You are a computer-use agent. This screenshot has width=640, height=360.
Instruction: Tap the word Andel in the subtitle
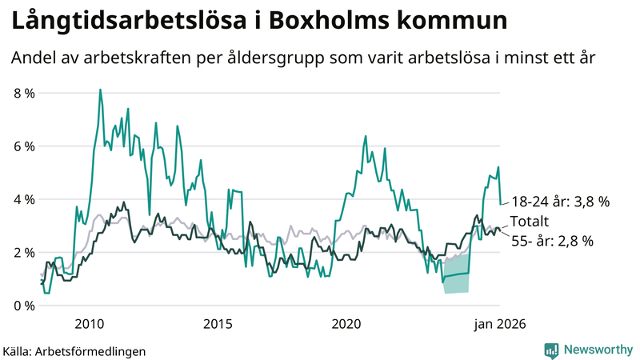[34, 58]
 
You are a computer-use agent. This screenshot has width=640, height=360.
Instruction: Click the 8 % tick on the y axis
[24, 93]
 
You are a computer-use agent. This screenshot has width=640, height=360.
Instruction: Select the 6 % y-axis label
[24, 146]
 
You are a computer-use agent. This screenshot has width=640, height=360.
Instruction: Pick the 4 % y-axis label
[24, 199]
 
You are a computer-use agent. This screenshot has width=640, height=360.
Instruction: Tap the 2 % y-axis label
[24, 253]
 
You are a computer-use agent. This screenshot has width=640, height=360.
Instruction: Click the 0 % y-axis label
[24, 306]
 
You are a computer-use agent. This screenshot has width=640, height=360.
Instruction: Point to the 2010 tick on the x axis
[89, 324]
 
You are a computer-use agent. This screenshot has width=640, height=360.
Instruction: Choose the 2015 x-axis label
[218, 324]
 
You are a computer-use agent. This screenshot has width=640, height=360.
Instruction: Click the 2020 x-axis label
[346, 324]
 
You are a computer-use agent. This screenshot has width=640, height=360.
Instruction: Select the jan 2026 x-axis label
[501, 324]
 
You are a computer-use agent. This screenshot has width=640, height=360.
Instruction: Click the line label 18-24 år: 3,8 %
[560, 202]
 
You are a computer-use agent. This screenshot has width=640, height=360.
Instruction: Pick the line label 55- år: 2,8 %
[552, 241]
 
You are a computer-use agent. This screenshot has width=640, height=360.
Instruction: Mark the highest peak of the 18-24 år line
[100, 90]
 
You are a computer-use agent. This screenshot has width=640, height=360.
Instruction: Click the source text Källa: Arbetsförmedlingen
[74, 350]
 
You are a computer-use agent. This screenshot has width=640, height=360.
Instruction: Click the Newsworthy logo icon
[552, 350]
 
